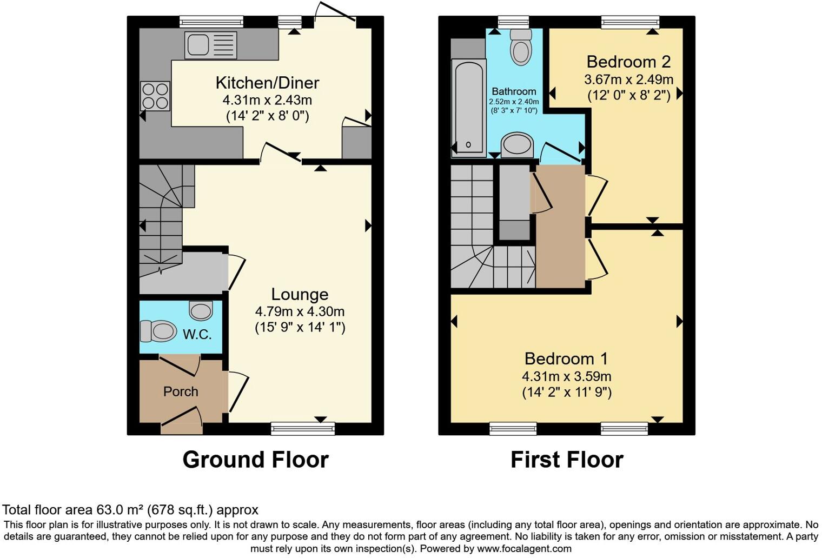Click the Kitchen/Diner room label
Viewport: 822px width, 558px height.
(x=267, y=83)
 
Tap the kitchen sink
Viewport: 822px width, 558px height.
(x=210, y=45)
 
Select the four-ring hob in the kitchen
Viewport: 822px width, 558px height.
(x=155, y=96)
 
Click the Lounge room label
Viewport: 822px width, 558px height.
(x=300, y=294)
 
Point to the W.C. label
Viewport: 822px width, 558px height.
(x=197, y=334)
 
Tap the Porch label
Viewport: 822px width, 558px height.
(x=181, y=391)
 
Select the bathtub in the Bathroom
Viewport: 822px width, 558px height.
(x=468, y=107)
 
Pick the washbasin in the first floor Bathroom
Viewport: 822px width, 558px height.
(x=517, y=145)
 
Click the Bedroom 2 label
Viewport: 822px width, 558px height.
(x=628, y=62)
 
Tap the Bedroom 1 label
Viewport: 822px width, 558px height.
(x=566, y=358)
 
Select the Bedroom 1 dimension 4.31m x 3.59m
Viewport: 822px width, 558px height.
(x=566, y=376)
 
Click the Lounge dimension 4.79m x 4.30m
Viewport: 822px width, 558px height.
(x=300, y=312)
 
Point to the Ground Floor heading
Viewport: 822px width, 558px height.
(x=255, y=460)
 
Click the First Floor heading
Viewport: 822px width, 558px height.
(x=567, y=460)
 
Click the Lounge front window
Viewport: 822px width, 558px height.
(x=303, y=429)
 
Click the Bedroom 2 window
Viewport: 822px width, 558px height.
(x=630, y=22)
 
